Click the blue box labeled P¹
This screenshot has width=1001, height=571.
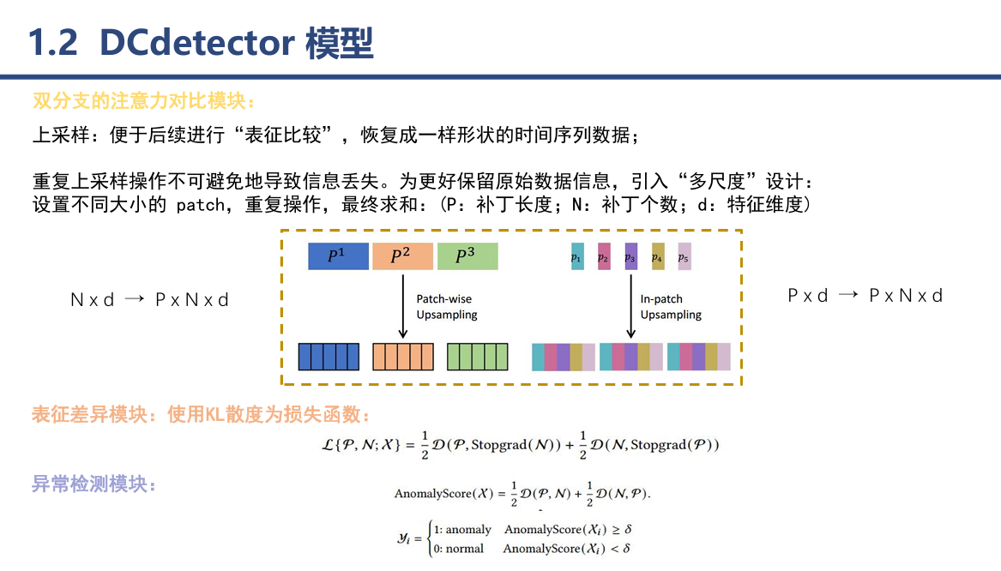[338, 256]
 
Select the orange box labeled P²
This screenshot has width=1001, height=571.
[402, 256]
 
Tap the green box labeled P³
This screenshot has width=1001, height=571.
[467, 256]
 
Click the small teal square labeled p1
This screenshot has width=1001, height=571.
[577, 256]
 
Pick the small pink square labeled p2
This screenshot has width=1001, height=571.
[604, 256]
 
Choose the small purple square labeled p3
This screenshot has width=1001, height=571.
[631, 256]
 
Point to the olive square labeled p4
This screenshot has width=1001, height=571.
[658, 256]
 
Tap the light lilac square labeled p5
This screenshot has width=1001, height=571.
[684, 256]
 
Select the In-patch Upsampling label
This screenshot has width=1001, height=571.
[671, 307]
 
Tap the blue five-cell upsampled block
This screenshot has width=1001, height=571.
[328, 357]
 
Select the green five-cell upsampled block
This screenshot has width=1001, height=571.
[478, 357]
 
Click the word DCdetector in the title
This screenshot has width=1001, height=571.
[197, 43]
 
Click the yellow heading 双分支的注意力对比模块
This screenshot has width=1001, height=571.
[143, 100]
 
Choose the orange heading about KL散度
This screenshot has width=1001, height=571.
[202, 416]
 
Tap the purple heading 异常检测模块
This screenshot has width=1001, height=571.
[94, 484]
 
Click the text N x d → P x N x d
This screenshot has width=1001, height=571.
[149, 300]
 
